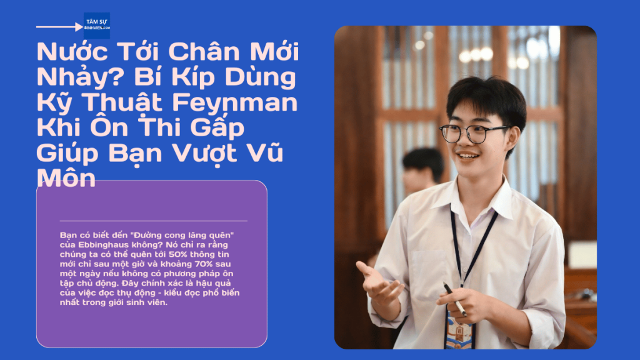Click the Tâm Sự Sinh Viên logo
tap(97, 26)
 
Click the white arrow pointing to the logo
tap(60, 27)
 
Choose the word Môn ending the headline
tap(66, 178)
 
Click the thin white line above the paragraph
tap(153, 221)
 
